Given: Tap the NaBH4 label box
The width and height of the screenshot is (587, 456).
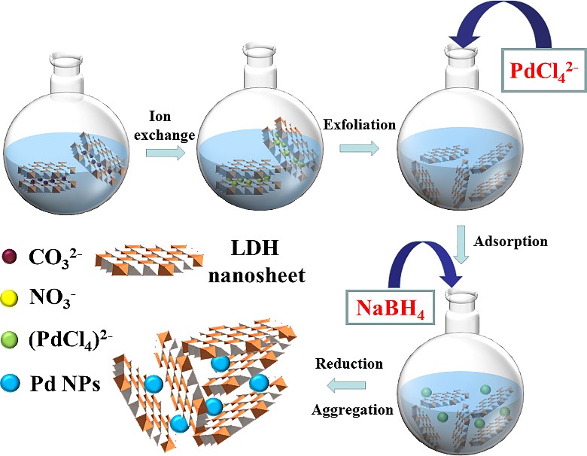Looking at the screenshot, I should [391, 308].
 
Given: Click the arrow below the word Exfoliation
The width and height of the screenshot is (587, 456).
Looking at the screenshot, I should [359, 148].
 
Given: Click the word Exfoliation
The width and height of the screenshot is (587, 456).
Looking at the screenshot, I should [359, 126].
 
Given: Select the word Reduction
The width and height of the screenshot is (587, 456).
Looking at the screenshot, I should [349, 364].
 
